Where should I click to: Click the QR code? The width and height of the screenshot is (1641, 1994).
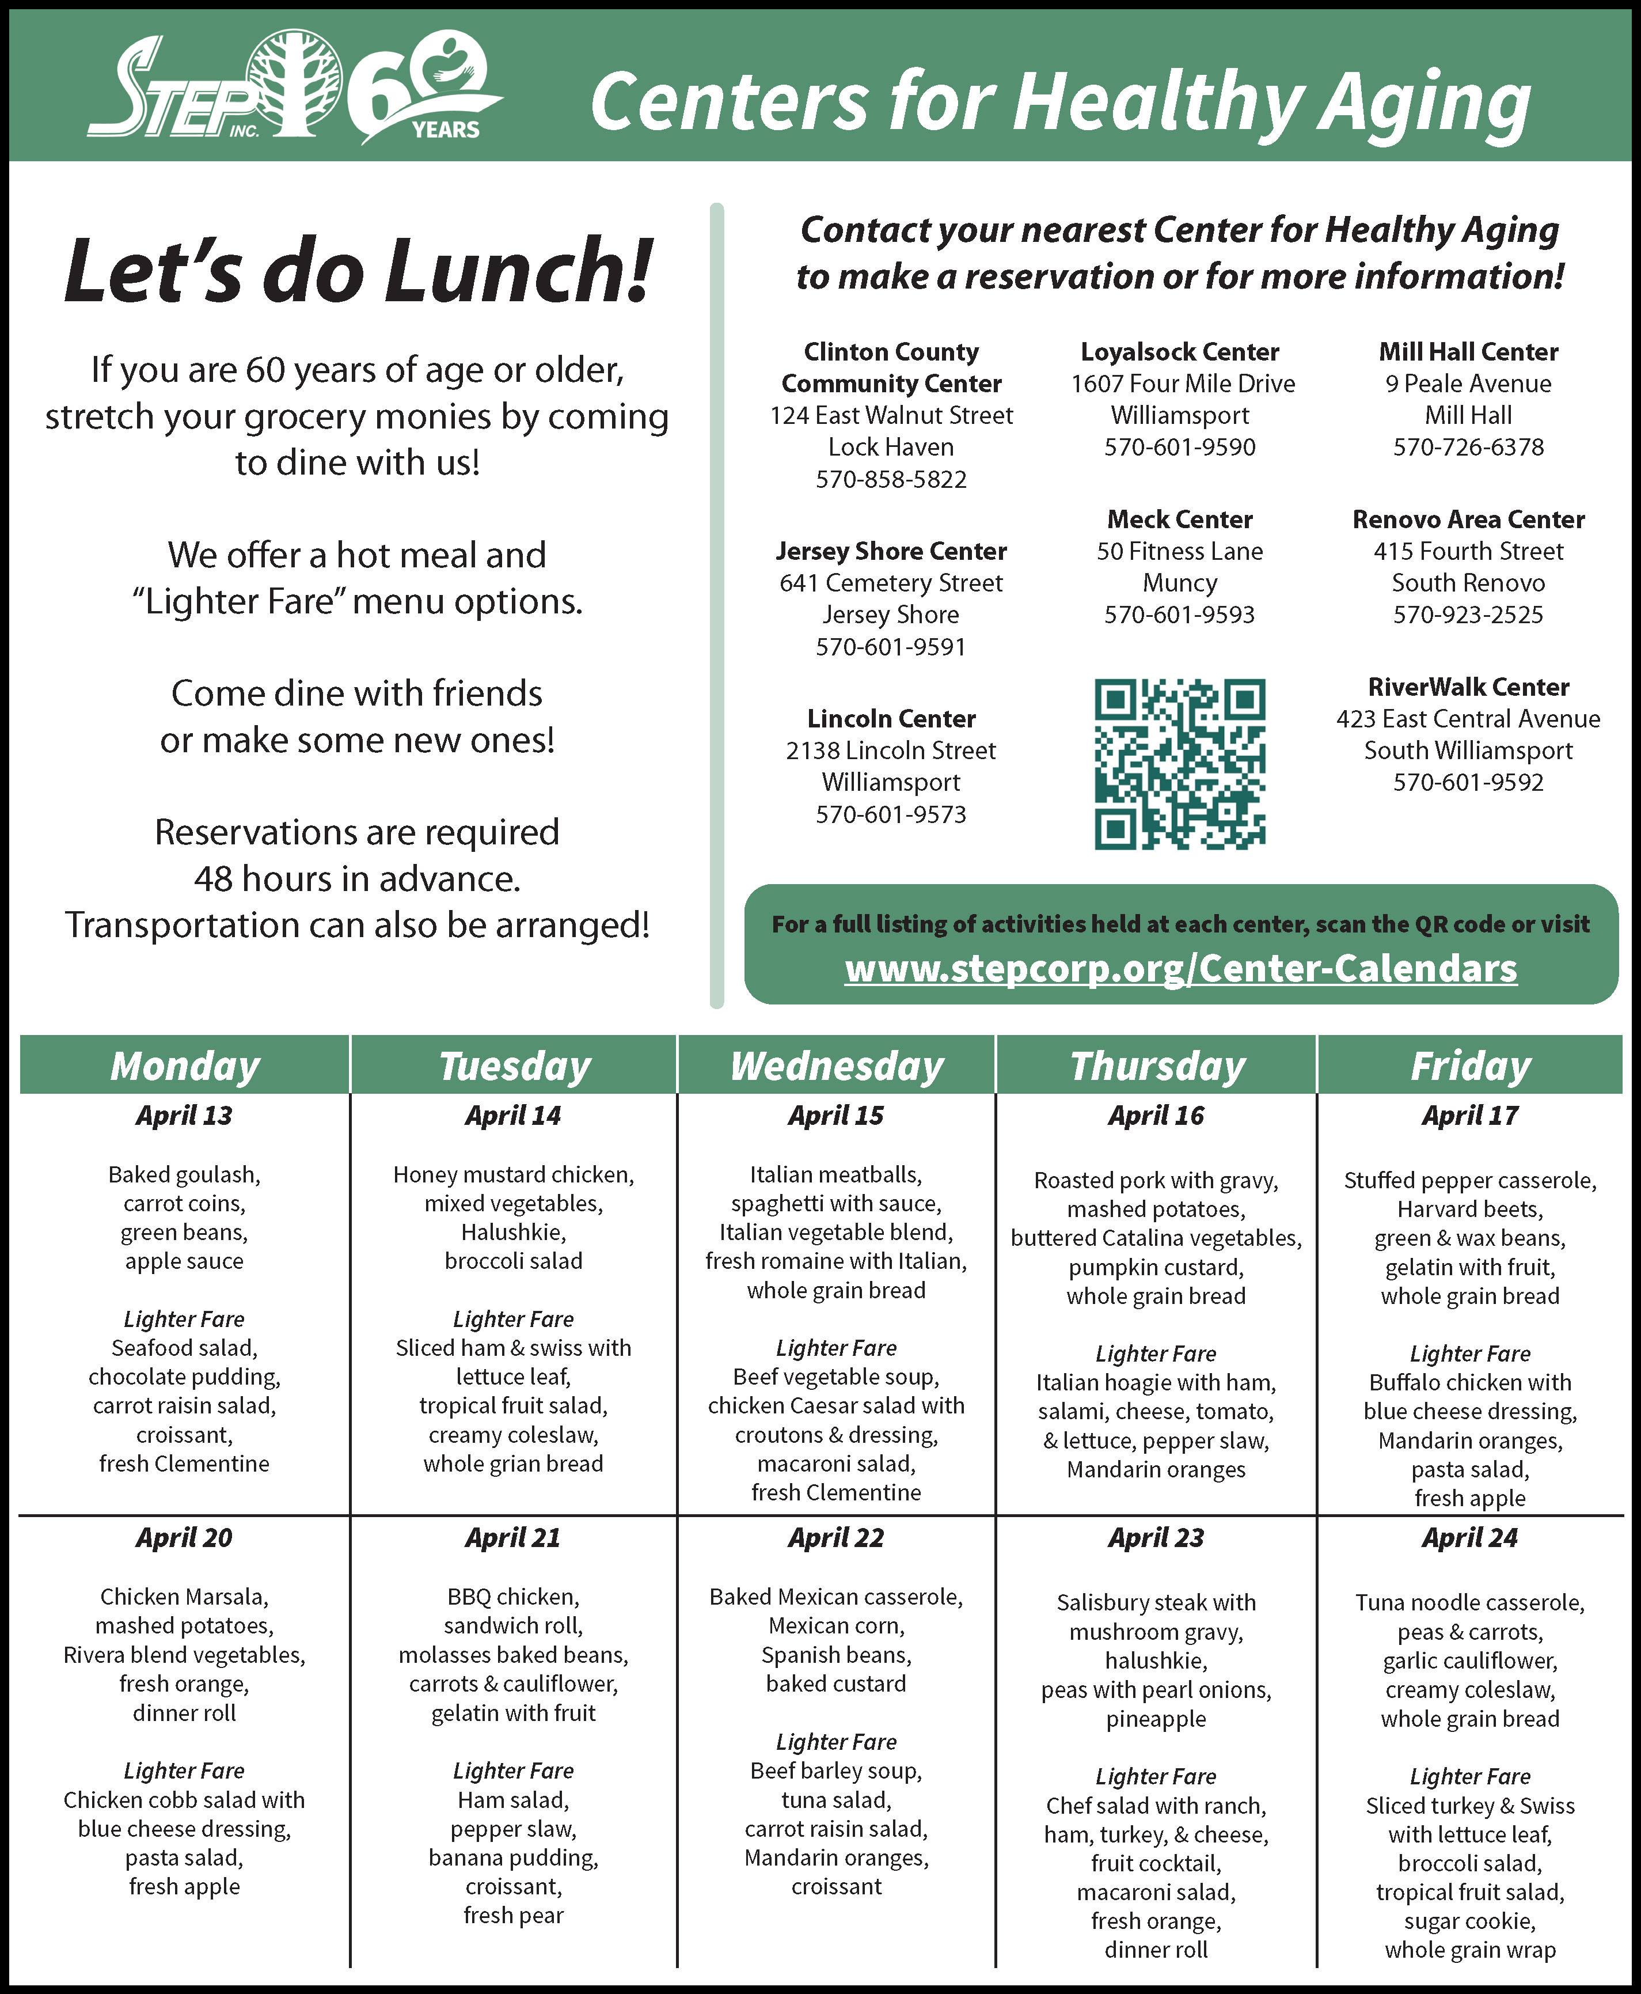pyautogui.click(x=1180, y=763)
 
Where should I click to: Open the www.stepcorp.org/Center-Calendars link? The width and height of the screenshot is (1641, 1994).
pyautogui.click(x=1180, y=969)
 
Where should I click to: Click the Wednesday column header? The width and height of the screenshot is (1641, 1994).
pyautogui.click(x=837, y=1066)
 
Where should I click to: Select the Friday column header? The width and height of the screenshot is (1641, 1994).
pyautogui.click(x=1470, y=1066)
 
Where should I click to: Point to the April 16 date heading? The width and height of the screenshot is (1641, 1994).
pyautogui.click(x=1156, y=1116)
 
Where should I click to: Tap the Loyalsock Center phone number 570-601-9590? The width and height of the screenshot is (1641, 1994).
pyautogui.click(x=1180, y=447)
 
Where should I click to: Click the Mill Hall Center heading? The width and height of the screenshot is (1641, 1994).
pyautogui.click(x=1468, y=352)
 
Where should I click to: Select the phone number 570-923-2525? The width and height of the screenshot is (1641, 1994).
pyautogui.click(x=1468, y=615)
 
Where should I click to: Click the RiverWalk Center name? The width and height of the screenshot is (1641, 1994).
pyautogui.click(x=1468, y=687)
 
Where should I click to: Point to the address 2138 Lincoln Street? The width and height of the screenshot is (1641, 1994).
pyautogui.click(x=890, y=750)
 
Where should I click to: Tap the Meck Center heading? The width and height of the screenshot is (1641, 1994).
pyautogui.click(x=1180, y=519)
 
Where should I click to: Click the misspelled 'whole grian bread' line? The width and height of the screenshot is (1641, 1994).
pyautogui.click(x=512, y=1464)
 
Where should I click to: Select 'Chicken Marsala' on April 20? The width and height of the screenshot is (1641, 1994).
pyautogui.click(x=184, y=1597)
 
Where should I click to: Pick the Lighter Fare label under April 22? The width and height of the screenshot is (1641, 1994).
pyautogui.click(x=837, y=1742)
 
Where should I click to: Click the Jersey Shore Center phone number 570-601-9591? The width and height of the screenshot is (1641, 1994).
pyautogui.click(x=890, y=647)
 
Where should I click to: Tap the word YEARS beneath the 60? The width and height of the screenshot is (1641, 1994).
pyautogui.click(x=445, y=130)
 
